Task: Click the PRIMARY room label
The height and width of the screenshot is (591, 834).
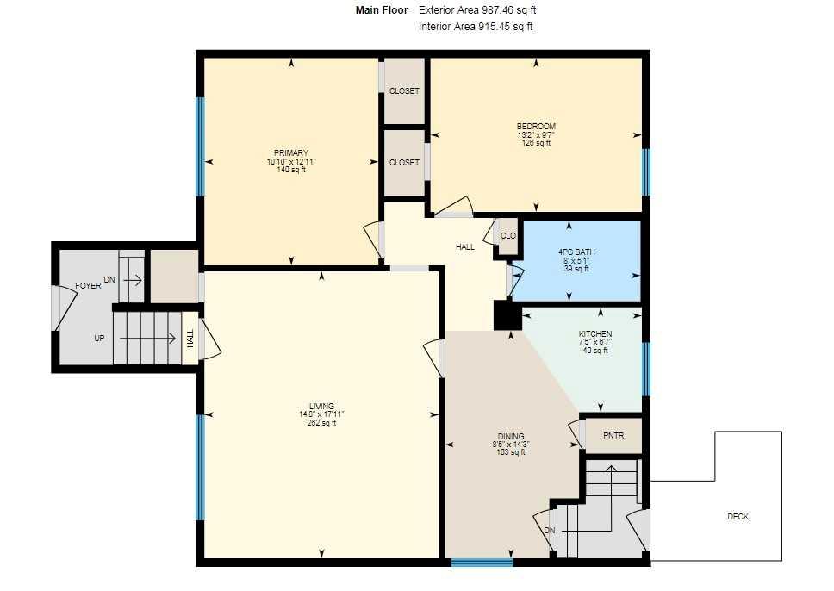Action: point(291,153)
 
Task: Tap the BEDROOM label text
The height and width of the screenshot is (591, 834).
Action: point(536,127)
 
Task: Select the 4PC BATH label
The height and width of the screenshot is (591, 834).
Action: point(576,252)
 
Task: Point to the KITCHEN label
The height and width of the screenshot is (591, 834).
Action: point(595,334)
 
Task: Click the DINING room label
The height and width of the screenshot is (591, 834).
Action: point(511,436)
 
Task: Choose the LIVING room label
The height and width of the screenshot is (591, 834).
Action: point(321,407)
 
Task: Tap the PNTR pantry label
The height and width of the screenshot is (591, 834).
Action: point(613,436)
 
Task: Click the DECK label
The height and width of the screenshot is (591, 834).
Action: point(738,517)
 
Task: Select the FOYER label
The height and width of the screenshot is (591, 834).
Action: point(88,286)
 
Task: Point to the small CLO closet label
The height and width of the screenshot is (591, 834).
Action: point(508,236)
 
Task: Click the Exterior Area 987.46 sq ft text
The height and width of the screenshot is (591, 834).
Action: point(477,10)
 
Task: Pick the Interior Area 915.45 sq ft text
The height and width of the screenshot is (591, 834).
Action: point(476,27)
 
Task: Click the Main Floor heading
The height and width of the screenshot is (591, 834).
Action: point(382,10)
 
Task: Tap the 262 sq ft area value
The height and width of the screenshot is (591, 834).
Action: point(321,423)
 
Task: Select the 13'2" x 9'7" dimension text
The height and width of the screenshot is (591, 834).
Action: point(536,134)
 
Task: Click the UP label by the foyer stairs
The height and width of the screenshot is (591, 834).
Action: point(99,339)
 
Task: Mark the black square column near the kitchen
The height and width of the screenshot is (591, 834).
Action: point(507,315)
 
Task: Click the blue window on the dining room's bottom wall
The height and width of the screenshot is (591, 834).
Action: point(482,563)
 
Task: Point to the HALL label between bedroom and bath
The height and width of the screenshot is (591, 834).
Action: point(465,247)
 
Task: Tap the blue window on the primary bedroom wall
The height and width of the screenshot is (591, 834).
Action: point(200,146)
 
